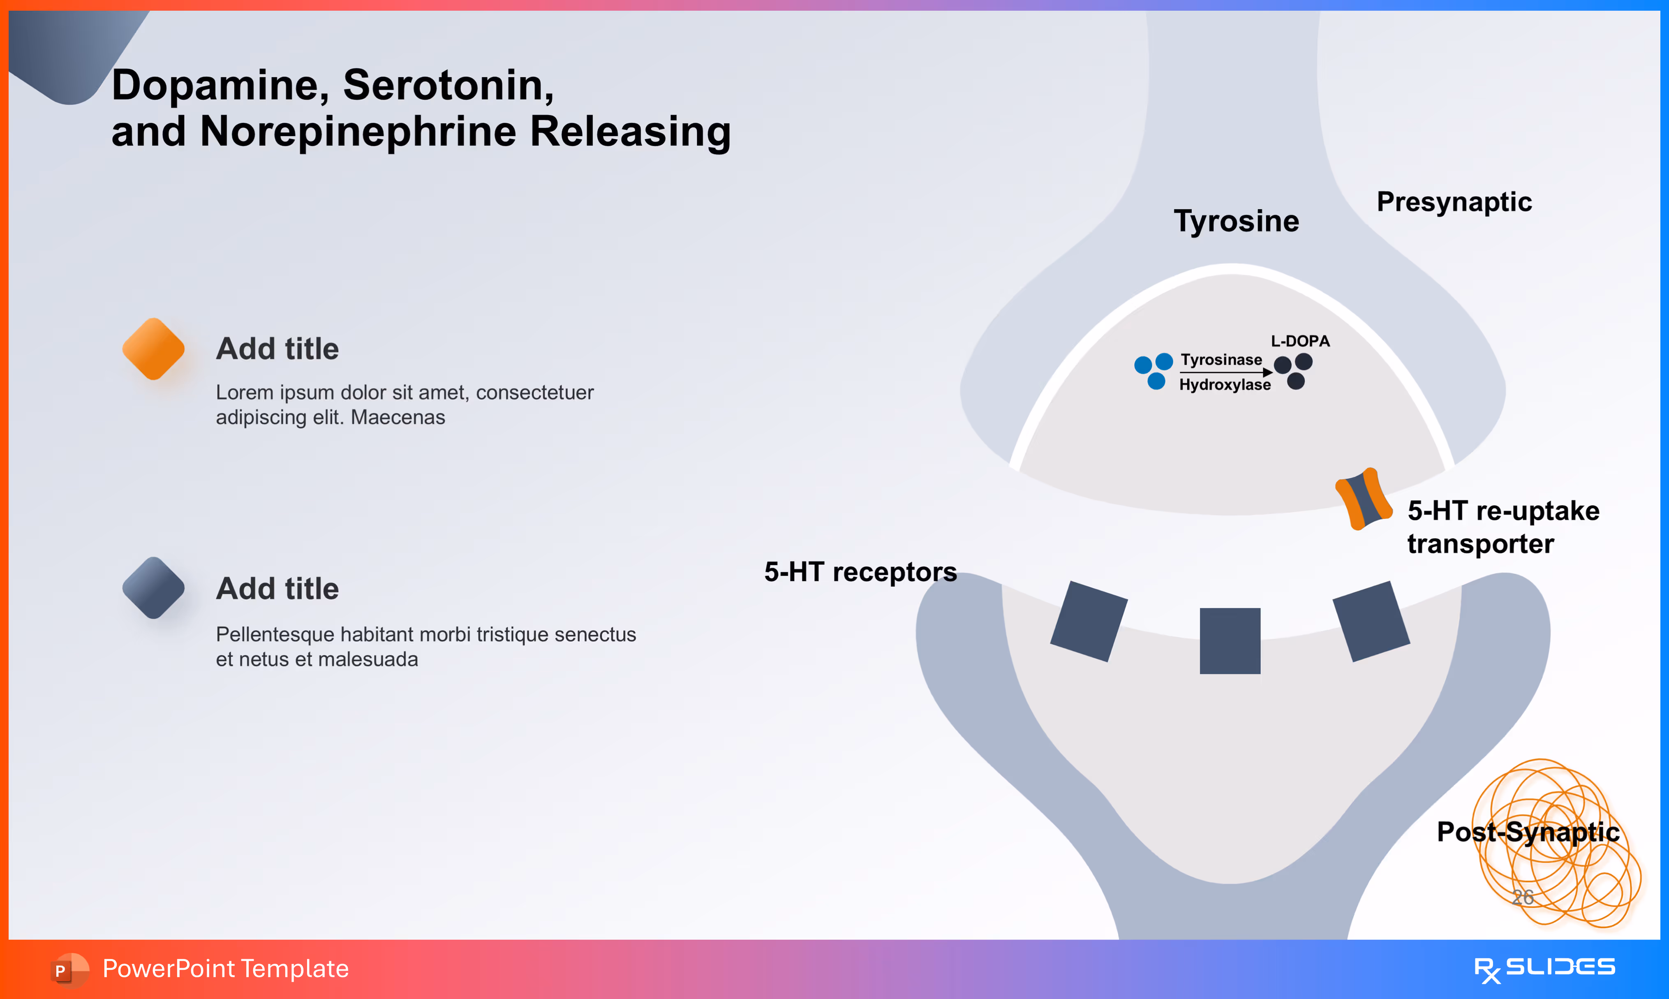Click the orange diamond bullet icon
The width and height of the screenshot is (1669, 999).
coord(153,349)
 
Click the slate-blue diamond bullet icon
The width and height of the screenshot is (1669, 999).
coord(153,588)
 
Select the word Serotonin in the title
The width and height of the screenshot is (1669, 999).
coord(448,86)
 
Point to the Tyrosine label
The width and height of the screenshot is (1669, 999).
coord(1236,221)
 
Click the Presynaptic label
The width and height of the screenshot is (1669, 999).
coord(1454,202)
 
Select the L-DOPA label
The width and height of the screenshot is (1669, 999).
coord(1299,341)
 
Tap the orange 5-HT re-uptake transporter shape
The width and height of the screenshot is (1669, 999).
coord(1364,499)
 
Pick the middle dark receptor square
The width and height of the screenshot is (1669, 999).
coord(1230,640)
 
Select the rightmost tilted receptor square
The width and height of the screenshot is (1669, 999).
coord(1371,621)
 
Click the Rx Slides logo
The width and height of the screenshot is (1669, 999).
coord(1544,969)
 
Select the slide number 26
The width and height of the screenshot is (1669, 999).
coord(1522,897)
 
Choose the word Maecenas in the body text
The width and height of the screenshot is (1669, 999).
coord(398,417)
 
